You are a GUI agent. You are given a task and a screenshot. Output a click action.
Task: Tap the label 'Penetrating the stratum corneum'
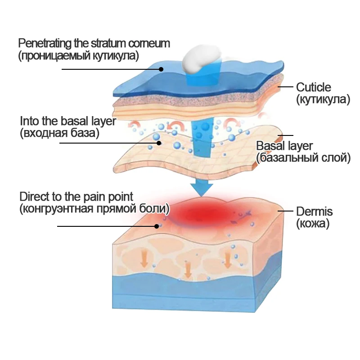click(94, 44)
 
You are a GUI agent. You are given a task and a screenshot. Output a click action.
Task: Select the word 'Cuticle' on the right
click(313, 87)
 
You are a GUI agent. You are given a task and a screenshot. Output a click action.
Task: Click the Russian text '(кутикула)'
click(323, 99)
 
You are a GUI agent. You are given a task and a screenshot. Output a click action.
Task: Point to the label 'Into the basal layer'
click(68, 121)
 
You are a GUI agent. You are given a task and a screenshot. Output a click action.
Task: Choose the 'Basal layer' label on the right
click(284, 146)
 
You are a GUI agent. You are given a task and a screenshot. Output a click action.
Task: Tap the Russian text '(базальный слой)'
click(303, 157)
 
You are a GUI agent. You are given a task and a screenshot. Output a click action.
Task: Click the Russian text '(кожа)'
click(313, 223)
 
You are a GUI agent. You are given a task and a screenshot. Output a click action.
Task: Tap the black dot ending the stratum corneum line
click(161, 69)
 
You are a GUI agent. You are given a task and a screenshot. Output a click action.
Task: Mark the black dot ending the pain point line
click(157, 226)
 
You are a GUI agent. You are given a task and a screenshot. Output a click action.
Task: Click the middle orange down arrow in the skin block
click(188, 269)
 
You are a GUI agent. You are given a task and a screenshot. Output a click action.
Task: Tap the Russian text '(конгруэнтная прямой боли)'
click(94, 209)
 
